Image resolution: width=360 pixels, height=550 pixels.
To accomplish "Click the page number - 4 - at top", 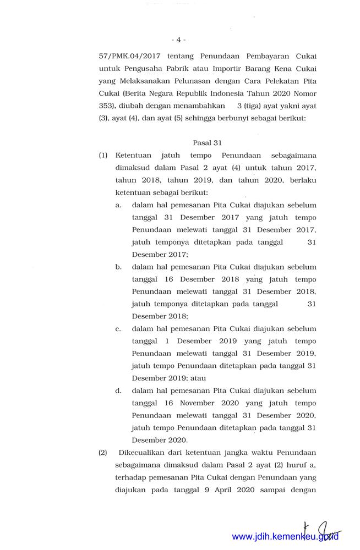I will (178, 40).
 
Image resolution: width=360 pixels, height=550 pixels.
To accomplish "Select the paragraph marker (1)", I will (103, 156).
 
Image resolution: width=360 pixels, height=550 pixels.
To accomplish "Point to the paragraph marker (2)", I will (103, 453).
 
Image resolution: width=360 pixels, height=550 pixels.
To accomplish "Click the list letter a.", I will (118, 205).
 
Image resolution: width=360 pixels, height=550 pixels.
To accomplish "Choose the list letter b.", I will (118, 267).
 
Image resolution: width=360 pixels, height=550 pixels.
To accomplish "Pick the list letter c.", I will (118, 329).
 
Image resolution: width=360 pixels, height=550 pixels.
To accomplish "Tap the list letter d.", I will (118, 391).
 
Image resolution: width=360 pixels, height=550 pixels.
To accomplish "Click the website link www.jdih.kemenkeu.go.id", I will (285, 536).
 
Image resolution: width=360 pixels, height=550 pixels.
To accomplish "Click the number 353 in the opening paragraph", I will (106, 106).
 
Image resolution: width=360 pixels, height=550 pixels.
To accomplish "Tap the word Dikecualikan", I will (140, 453).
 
